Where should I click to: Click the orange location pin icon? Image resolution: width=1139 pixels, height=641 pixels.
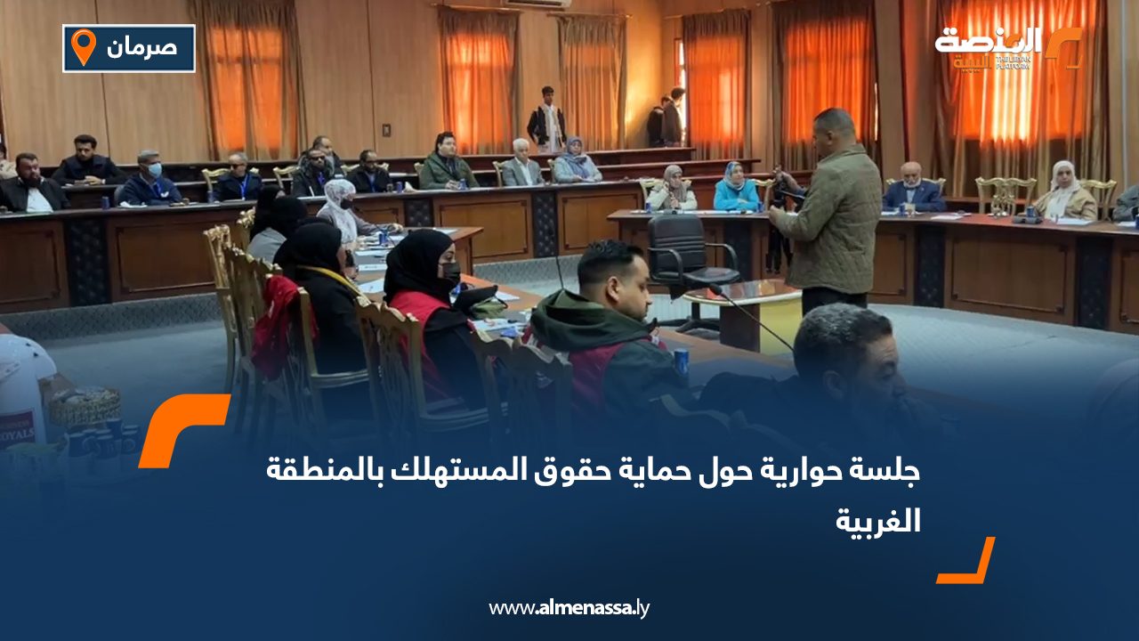pyautogui.click(x=84, y=47)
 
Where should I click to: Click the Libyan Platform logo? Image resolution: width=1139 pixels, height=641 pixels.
pyautogui.click(x=1006, y=48)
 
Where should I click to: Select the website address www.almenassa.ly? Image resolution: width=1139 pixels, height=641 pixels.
pyautogui.click(x=569, y=608)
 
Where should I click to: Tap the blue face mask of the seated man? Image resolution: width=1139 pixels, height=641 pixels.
pyautogui.click(x=154, y=169)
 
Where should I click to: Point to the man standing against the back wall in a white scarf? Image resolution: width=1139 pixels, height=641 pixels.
pyautogui.click(x=547, y=120)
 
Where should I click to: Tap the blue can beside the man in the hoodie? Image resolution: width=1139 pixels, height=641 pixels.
pyautogui.click(x=681, y=361)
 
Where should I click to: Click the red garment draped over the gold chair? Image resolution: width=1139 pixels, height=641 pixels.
pyautogui.click(x=275, y=325)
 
